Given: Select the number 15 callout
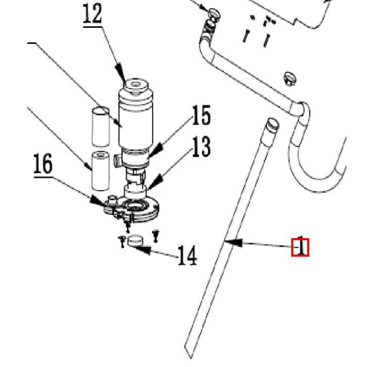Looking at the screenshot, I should (x=200, y=116).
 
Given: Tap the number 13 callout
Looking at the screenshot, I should (x=200, y=147).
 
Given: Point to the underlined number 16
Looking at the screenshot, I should (x=43, y=164).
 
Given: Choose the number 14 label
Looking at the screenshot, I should (x=187, y=256).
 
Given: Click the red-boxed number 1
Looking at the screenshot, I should (x=300, y=247).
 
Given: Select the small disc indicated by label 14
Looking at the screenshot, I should (x=134, y=241).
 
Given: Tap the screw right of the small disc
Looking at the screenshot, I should (x=156, y=235).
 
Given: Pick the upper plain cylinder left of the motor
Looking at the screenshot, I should (x=100, y=127).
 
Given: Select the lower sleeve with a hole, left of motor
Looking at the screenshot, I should (x=100, y=170).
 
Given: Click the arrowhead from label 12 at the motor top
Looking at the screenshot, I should (x=120, y=71).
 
